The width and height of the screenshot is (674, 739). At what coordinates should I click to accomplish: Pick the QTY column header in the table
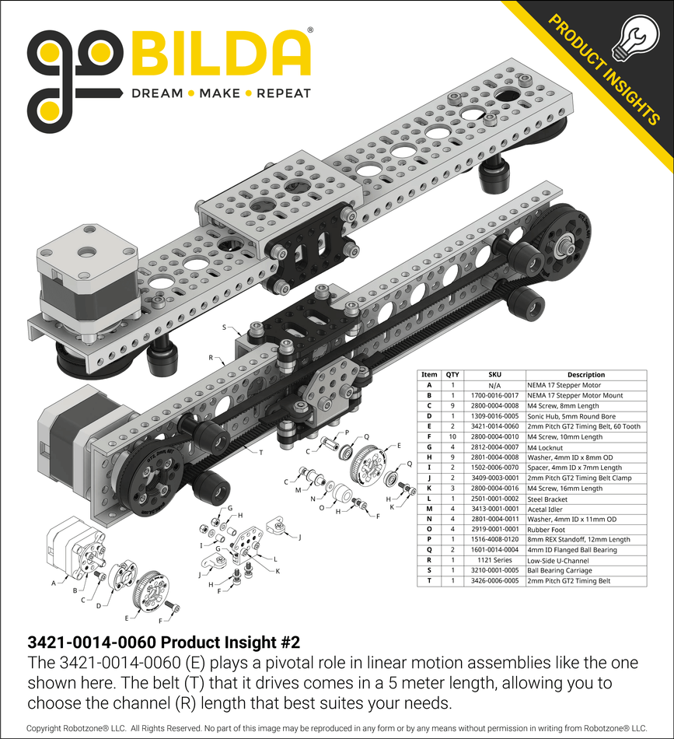(x=452, y=375)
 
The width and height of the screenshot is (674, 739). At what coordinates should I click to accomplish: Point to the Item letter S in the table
(x=429, y=570)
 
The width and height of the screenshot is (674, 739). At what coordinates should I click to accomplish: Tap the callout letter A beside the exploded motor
(x=53, y=582)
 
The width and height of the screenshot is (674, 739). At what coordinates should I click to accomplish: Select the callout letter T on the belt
(x=260, y=452)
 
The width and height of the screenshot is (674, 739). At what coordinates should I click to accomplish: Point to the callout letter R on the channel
(x=211, y=359)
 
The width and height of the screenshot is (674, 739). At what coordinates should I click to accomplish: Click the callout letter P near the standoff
(x=346, y=433)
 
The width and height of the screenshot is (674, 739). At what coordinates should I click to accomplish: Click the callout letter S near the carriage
(x=225, y=328)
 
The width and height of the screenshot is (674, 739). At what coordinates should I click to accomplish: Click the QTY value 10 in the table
(x=452, y=447)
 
